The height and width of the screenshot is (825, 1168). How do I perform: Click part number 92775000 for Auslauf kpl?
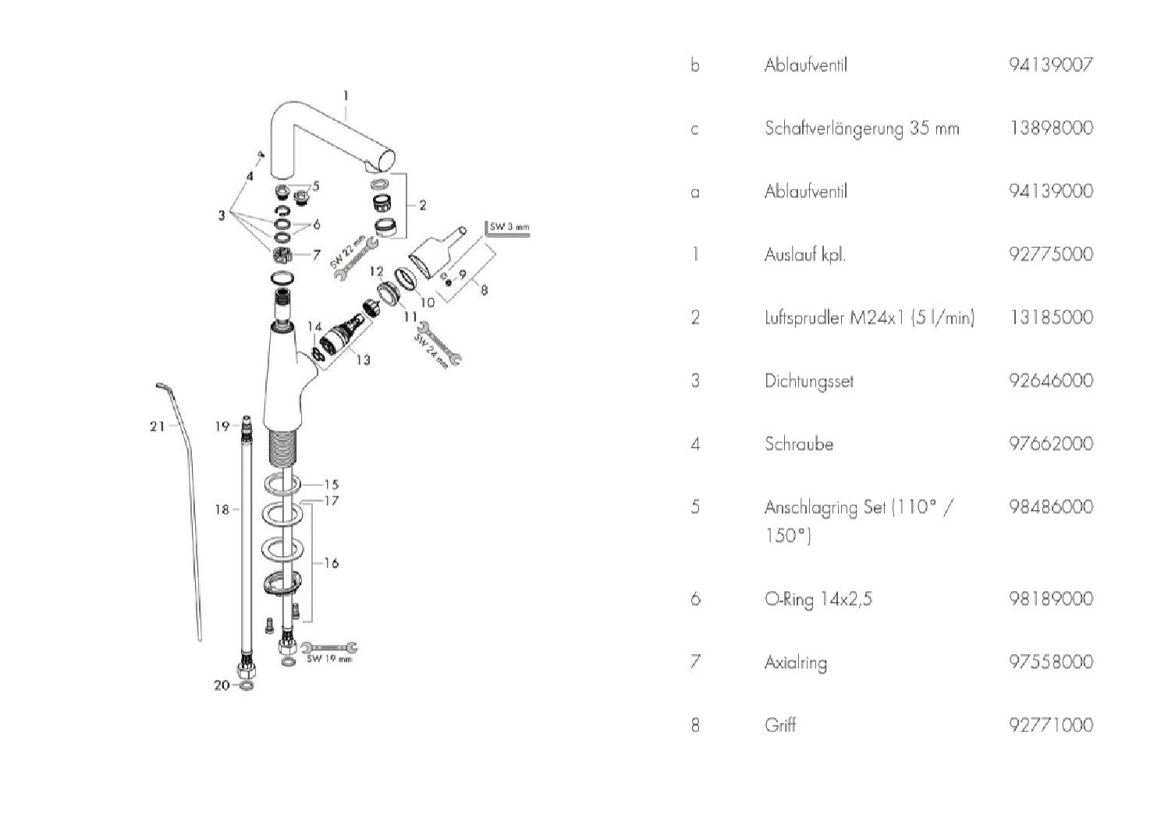click(x=1051, y=254)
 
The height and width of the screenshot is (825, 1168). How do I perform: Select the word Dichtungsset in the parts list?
click(x=809, y=381)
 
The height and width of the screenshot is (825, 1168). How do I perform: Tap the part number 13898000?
click(x=1051, y=128)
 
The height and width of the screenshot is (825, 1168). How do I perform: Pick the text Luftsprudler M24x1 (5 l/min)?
click(x=869, y=317)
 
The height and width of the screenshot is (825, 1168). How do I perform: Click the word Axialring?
click(x=796, y=663)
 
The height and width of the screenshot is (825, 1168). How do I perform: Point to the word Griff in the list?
click(x=780, y=725)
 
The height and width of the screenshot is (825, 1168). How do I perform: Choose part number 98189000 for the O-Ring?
click(x=1051, y=598)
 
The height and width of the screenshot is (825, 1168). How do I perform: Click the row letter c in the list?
click(x=694, y=129)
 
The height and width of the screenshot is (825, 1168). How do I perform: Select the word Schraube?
click(x=799, y=444)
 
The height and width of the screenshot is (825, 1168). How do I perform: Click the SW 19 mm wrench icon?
click(x=329, y=648)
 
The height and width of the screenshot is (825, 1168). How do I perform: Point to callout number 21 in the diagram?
click(x=157, y=427)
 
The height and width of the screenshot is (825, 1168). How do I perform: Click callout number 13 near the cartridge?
click(x=363, y=359)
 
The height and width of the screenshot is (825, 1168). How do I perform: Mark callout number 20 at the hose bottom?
click(x=222, y=685)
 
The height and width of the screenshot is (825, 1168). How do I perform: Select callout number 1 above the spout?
click(x=346, y=96)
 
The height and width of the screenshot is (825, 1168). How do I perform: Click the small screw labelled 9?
click(x=448, y=283)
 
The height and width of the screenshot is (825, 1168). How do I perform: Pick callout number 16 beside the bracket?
click(x=331, y=563)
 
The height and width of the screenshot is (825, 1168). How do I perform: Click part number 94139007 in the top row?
click(x=1051, y=66)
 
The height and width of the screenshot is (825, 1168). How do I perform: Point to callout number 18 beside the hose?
click(x=222, y=509)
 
